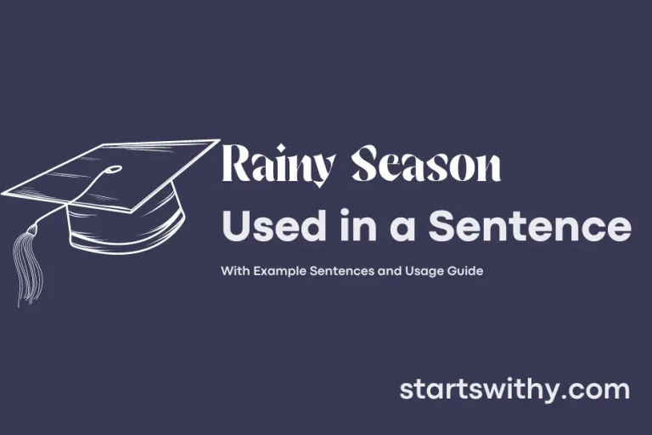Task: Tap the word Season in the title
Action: pos(427,166)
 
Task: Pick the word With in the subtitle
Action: pos(233,271)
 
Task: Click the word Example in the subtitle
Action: pos(279,271)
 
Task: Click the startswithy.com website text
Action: pos(514,390)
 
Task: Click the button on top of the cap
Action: pos(113,170)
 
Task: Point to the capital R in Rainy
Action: pos(236,165)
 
